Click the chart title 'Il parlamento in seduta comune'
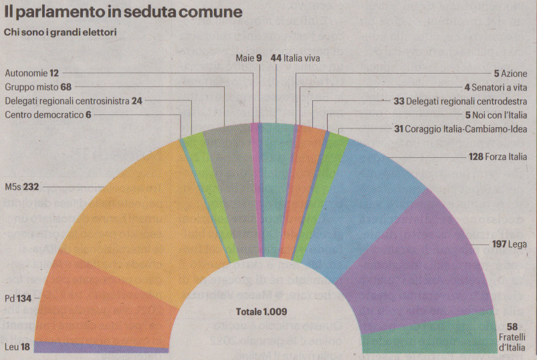pos(124,13)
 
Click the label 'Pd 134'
pos(19,298)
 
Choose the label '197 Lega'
pos(510,246)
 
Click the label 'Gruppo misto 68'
pos(38,87)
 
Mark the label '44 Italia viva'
pos(295,58)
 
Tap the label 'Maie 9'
pos(248,58)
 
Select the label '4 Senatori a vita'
pos(496,87)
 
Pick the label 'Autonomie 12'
pos(31,73)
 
